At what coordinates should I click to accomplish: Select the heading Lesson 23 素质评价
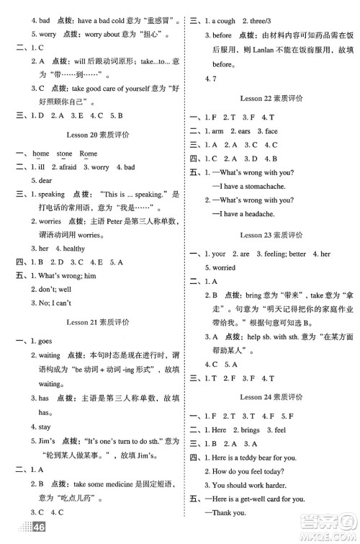[x=270, y=234]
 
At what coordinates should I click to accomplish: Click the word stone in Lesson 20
[x=64, y=153]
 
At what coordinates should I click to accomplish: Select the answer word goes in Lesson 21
[x=48, y=344]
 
